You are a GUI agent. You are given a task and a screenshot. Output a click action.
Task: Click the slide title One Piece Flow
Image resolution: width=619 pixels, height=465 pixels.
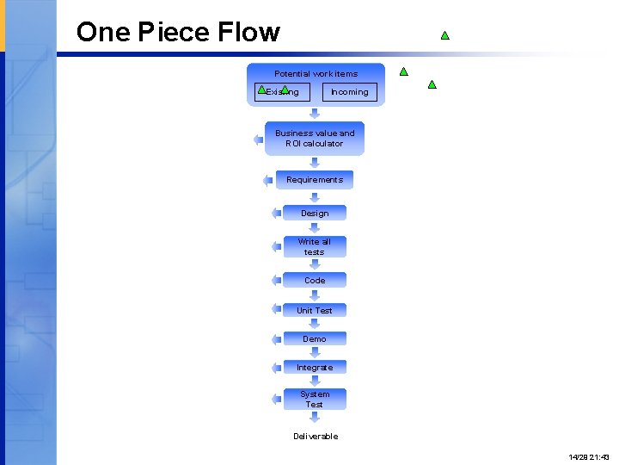click(178, 33)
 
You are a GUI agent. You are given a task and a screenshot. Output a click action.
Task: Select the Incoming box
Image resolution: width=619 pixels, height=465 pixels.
click(349, 92)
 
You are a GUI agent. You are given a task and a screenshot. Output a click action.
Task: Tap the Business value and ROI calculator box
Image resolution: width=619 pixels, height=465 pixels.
click(315, 139)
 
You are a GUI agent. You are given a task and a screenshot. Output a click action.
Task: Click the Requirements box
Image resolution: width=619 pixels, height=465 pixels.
click(315, 180)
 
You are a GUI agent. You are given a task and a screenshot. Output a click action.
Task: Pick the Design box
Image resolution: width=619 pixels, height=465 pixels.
click(315, 213)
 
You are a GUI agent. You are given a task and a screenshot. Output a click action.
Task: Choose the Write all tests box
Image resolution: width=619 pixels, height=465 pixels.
click(315, 246)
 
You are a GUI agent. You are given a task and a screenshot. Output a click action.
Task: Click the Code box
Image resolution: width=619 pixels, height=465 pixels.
click(315, 280)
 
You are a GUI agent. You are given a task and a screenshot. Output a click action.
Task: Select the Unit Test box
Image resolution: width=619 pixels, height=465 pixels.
click(315, 310)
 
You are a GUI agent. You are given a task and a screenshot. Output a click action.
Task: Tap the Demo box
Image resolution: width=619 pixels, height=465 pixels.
click(315, 338)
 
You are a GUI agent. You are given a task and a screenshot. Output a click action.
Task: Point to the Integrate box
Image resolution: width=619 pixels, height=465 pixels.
click(315, 367)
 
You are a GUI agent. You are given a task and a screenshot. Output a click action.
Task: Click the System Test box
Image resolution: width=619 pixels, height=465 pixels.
click(315, 399)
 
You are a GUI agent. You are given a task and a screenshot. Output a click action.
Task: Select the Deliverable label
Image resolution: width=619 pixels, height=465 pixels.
click(316, 437)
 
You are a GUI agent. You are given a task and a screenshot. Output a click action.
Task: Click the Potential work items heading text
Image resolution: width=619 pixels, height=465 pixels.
click(316, 74)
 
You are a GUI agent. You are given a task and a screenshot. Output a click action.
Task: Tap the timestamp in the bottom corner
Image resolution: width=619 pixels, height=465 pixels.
click(588, 456)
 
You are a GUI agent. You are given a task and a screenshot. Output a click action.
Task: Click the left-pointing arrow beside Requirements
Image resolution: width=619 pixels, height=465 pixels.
click(268, 180)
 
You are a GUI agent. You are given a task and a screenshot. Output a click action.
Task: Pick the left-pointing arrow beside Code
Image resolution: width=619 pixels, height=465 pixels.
click(276, 280)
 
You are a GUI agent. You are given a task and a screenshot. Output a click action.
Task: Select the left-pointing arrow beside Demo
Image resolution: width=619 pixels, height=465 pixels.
click(276, 338)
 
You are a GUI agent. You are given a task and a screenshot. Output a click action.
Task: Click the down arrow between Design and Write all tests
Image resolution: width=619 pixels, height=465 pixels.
click(315, 228)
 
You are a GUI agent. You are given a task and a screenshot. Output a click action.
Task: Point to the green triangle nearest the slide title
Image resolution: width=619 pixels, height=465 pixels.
click(445, 36)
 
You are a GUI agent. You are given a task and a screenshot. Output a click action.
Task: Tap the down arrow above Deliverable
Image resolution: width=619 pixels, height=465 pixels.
click(315, 418)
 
